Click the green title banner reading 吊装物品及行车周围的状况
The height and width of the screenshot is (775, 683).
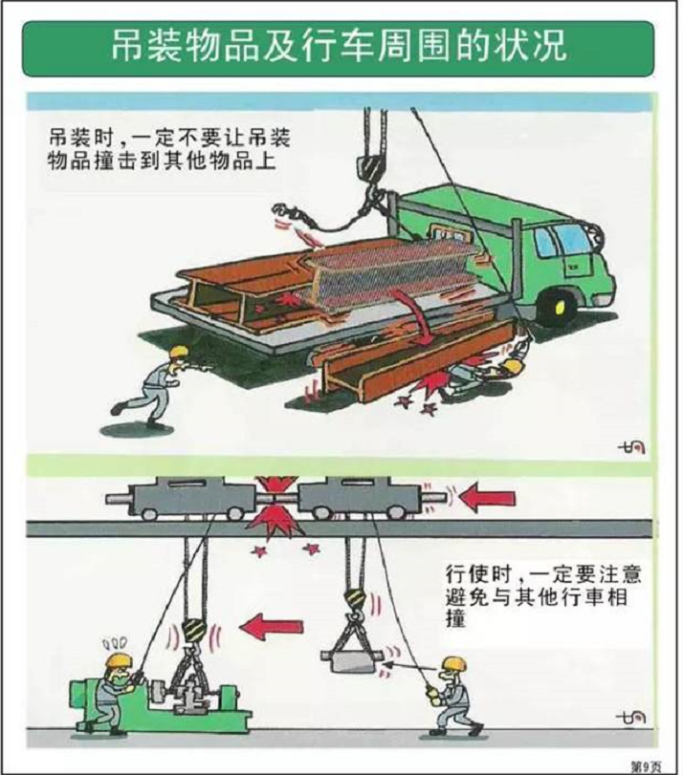[x=341, y=46]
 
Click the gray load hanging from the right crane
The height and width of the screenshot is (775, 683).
[x=354, y=659]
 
